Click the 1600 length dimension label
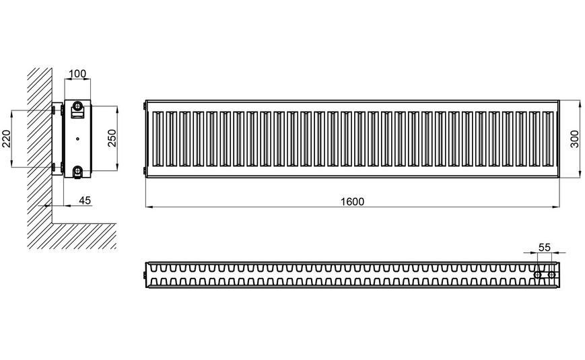(352, 202)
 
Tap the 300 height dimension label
(574, 139)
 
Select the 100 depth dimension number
(77, 74)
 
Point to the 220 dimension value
(6, 139)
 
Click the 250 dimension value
(112, 138)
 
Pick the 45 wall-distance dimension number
(85, 201)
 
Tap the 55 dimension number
(545, 248)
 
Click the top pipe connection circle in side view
(77, 106)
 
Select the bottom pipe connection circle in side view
(77, 171)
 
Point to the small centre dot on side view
(77, 139)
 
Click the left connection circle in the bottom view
(538, 275)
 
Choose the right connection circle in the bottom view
(552, 275)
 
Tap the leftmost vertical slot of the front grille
(158, 139)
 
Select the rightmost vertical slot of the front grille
(548, 139)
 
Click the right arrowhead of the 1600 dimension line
(556, 206)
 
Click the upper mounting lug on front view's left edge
(144, 106)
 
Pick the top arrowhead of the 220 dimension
(11, 114)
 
